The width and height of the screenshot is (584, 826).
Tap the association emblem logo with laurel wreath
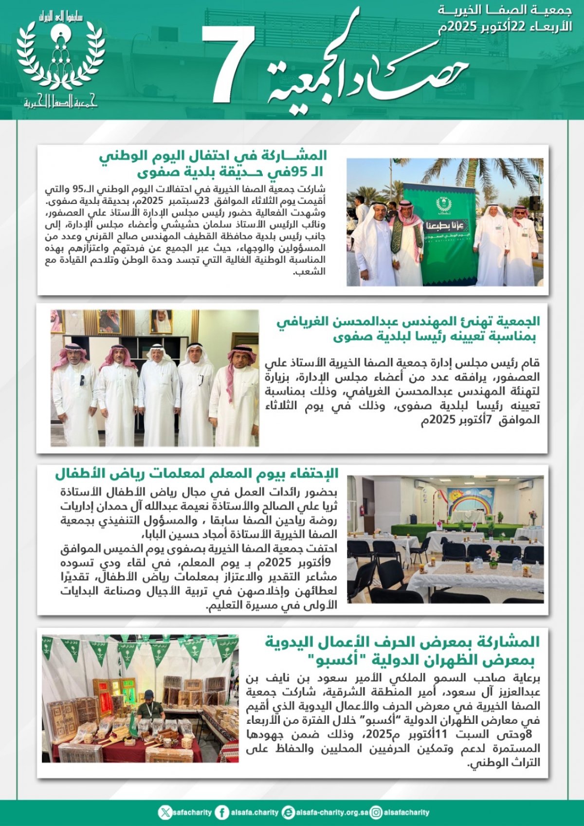click(x=60, y=58)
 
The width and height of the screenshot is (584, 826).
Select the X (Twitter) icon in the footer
click(x=165, y=812)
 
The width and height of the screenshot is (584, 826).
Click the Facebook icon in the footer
click(x=222, y=812)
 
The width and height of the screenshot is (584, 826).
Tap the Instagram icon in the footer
click(x=376, y=812)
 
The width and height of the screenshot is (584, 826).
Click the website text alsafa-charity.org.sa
click(x=332, y=812)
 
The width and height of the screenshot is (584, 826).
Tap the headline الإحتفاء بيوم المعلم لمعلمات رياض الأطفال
click(x=197, y=473)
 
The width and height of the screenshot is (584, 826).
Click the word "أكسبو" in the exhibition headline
click(x=336, y=661)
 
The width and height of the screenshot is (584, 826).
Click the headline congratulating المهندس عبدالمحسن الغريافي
click(x=408, y=329)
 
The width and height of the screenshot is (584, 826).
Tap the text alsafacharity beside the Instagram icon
click(x=406, y=812)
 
